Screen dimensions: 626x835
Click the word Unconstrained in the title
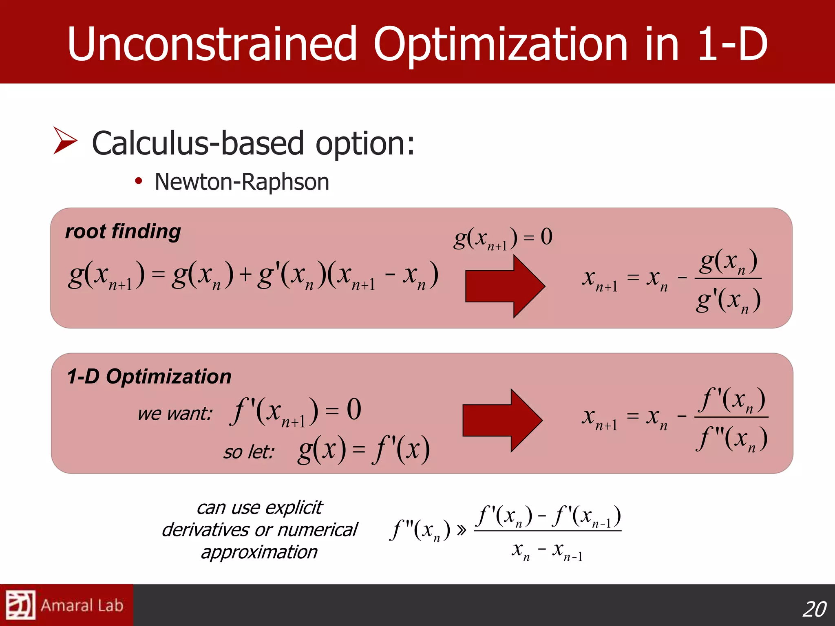click(212, 44)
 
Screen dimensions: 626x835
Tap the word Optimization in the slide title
click(500, 44)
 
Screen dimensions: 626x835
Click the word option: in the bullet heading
click(365, 143)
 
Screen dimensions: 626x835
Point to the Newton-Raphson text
click(242, 182)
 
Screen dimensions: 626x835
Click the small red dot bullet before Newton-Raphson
click(139, 181)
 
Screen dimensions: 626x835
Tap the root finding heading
click(123, 231)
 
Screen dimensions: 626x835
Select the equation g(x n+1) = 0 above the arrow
click(503, 238)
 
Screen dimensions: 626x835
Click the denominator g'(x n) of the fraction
click(728, 301)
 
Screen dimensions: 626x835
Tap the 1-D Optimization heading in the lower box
click(149, 376)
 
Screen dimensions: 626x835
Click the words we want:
click(175, 414)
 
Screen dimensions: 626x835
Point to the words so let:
click(249, 452)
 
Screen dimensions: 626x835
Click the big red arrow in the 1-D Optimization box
click(502, 420)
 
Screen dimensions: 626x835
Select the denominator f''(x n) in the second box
click(731, 439)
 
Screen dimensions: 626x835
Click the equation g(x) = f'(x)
click(364, 450)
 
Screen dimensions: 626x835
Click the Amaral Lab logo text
click(82, 606)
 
